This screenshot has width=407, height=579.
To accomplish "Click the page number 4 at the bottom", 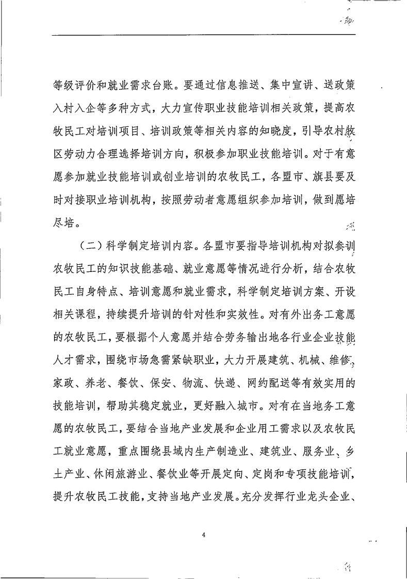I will click(x=204, y=535).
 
